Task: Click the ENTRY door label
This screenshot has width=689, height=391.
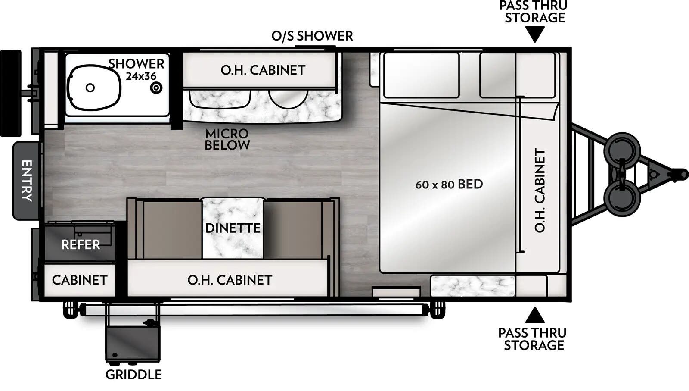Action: coord(27,181)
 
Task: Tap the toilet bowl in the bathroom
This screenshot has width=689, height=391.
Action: coord(94,88)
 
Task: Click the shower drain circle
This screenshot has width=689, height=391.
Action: coord(156,88)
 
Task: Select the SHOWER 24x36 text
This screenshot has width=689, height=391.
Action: coord(137,69)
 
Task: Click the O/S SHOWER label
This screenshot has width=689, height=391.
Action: coord(312,36)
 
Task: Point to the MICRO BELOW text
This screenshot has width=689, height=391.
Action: coord(227,140)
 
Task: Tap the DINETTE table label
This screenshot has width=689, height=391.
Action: coord(233,228)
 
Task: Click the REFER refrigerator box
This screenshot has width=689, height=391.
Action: coord(80,244)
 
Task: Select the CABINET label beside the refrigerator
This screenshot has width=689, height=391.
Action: coord(80,280)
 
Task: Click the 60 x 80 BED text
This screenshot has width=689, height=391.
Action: coord(449,185)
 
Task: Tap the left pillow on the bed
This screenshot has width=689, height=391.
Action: coord(421,75)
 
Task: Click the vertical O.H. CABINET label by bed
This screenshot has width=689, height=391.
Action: coord(540,191)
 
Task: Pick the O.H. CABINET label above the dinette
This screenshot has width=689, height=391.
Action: coord(230,280)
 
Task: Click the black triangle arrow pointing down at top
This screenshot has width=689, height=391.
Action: coord(535,34)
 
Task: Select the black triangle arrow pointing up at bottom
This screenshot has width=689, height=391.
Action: coord(534,316)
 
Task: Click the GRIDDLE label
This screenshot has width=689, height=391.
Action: coord(133,375)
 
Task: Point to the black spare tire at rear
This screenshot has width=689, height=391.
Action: coord(11,93)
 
